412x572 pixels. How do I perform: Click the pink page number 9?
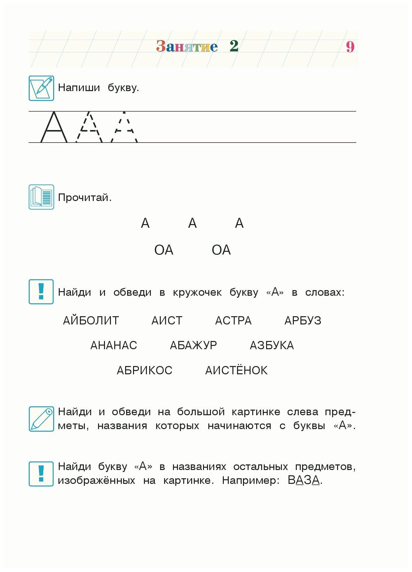pos(350,47)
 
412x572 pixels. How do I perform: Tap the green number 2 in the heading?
pos(234,46)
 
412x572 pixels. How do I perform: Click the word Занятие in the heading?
pos(187,46)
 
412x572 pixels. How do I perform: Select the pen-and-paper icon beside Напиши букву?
pos(41,88)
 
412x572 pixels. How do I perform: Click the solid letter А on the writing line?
pos(54,127)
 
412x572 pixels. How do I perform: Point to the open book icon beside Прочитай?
pos(41,197)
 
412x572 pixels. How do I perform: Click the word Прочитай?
pos(85,198)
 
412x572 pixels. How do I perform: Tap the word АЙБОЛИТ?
pos(91,320)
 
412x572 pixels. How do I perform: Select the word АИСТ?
pos(167,320)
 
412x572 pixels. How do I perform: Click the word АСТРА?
pos(233,320)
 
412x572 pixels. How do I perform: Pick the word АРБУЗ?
pos(303,320)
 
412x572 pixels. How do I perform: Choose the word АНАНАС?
pos(114,345)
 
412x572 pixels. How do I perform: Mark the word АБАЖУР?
pos(193,345)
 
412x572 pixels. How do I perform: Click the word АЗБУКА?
pos(272,345)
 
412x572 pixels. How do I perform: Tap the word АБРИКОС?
pos(144,370)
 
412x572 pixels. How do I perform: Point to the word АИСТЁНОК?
pos(236,370)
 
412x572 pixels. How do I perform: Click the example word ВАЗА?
pos(304,480)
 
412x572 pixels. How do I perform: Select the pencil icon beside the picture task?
pos(41,419)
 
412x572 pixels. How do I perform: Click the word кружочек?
pos(197,292)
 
